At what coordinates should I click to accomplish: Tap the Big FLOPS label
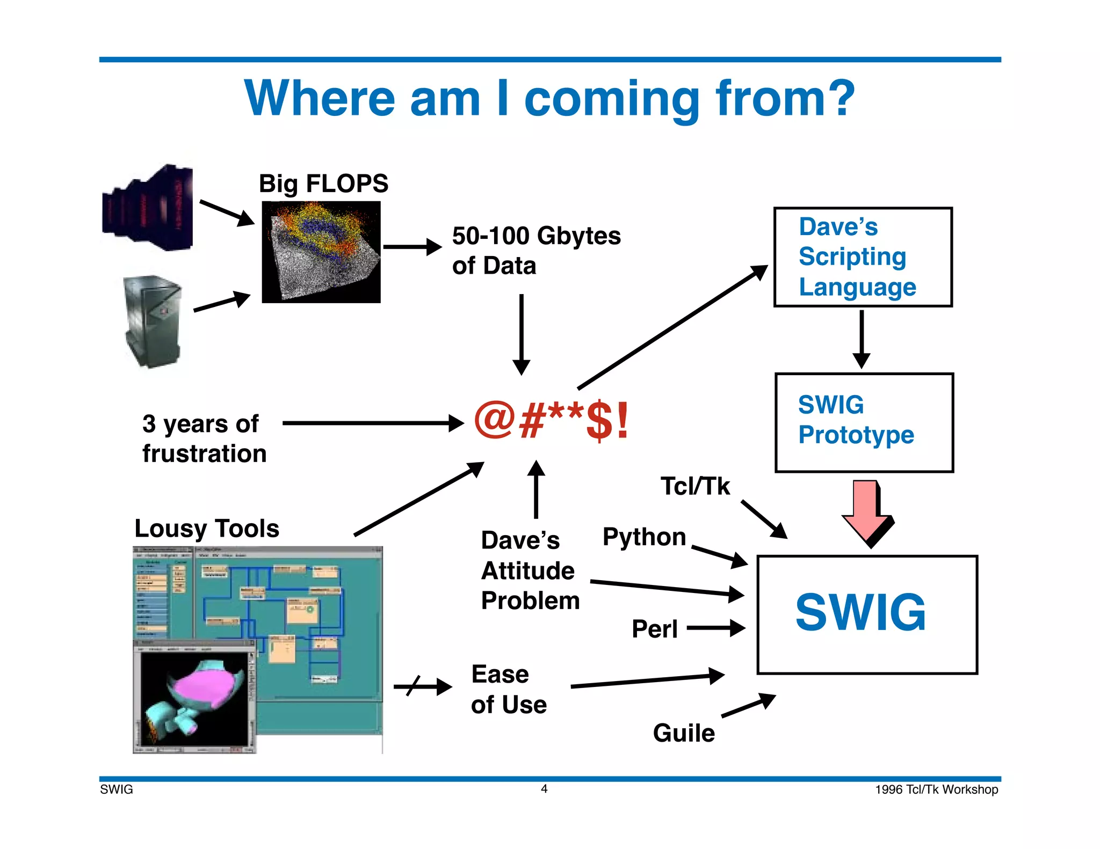[323, 184]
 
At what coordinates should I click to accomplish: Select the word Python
[644, 537]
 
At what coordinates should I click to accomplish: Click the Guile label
[683, 733]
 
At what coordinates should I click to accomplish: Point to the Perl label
[654, 629]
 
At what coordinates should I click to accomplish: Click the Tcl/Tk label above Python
[694, 486]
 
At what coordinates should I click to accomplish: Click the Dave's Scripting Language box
[863, 257]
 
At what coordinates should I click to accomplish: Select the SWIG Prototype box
[864, 422]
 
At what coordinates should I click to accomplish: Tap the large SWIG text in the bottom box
[860, 613]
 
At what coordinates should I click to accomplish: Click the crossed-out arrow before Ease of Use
[422, 686]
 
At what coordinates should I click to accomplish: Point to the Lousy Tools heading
[207, 529]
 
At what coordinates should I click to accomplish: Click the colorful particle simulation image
[321, 252]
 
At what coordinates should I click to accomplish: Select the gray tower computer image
[153, 321]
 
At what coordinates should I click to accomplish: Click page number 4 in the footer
[544, 789]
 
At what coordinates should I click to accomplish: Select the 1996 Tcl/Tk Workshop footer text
[936, 789]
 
